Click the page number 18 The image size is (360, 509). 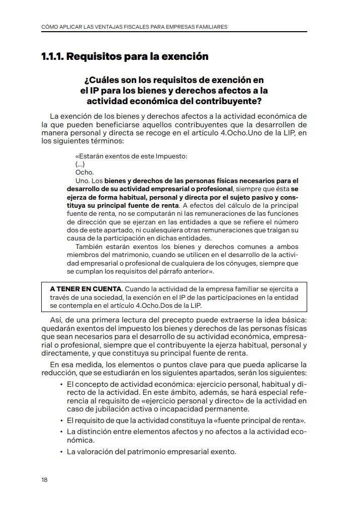tap(44, 479)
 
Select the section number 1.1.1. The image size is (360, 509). tap(52, 56)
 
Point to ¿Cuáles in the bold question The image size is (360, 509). tap(103, 80)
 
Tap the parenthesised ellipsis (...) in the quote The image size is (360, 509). tap(79, 164)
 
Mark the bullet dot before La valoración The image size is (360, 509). tap(61, 452)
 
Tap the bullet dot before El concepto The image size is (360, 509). tap(61, 385)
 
